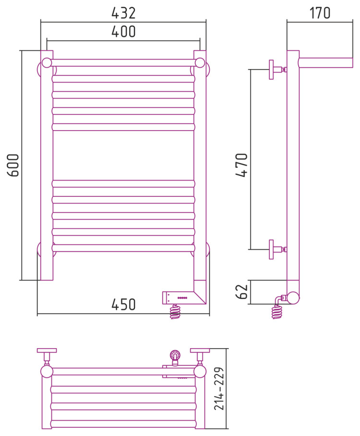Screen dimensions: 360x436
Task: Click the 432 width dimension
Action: click(x=123, y=13)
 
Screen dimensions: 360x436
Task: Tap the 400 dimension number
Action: click(x=123, y=31)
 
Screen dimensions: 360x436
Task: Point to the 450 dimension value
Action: click(x=123, y=304)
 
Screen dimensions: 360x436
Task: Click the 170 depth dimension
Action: click(x=320, y=13)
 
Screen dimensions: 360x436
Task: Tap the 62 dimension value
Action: click(x=241, y=291)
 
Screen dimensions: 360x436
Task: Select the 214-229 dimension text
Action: click(x=219, y=388)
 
